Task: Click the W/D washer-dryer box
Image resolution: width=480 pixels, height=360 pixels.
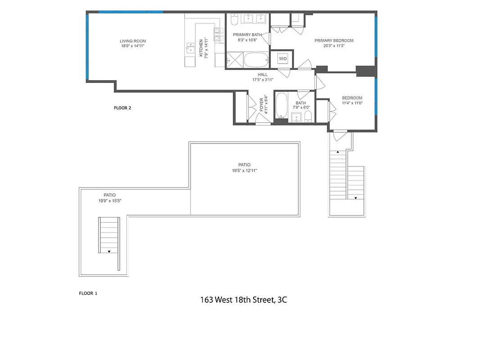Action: coord(283,59)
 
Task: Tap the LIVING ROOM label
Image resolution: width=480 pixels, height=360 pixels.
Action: coord(133,44)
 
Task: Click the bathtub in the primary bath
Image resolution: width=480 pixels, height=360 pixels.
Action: coord(256,60)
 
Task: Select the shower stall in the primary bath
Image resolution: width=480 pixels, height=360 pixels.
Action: coord(234,60)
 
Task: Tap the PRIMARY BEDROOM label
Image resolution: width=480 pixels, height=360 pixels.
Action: coord(334,43)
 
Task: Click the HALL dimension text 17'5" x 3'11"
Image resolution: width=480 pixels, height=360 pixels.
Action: coord(263,80)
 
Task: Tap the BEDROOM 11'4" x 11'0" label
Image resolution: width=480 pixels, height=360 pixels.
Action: coord(352,101)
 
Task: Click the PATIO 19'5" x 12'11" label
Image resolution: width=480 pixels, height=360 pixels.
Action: coord(244,167)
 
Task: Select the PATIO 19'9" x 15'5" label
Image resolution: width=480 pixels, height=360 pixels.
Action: coord(109,198)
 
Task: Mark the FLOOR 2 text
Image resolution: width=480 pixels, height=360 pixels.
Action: coord(122,108)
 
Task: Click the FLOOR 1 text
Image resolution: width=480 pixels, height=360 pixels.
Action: coord(88,293)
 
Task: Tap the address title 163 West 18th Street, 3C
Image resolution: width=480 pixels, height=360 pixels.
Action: coord(244,300)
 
